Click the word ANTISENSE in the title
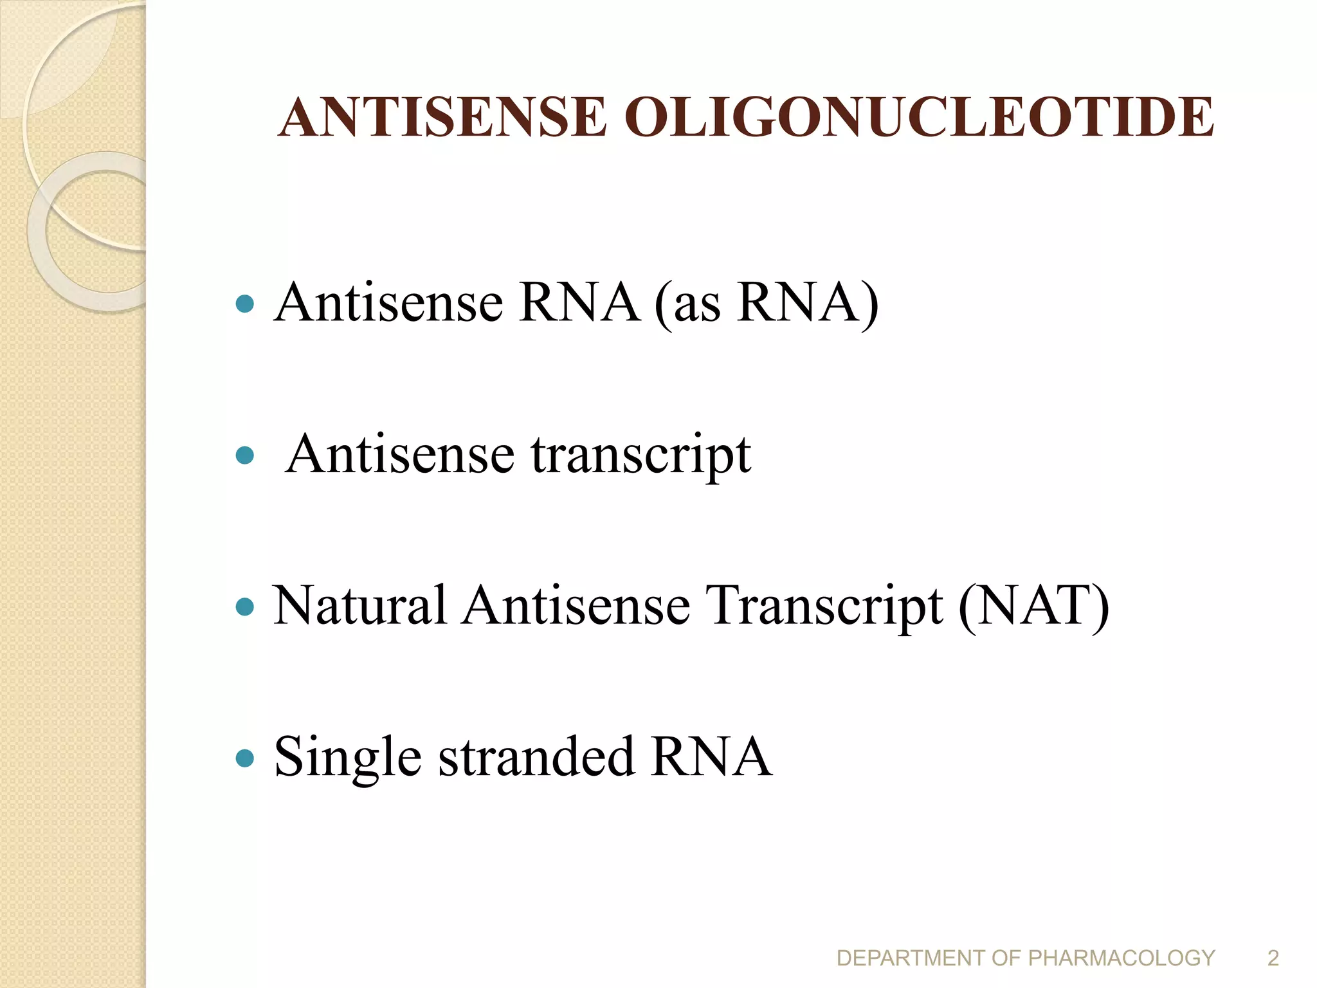(442, 118)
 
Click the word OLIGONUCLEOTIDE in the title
(919, 118)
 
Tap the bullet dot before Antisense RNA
(245, 304)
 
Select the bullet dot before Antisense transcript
(245, 456)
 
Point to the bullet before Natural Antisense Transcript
(245, 607)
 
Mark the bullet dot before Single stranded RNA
(245, 758)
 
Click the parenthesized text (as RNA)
(767, 304)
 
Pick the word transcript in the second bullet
(640, 456)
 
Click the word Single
(348, 758)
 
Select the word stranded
(537, 757)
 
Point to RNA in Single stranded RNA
(711, 757)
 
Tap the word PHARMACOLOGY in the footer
(1122, 958)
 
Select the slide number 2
(1273, 958)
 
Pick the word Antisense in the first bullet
(388, 304)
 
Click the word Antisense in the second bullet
(400, 455)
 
